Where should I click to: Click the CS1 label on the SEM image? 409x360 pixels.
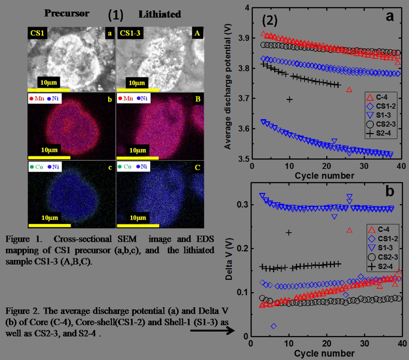(37, 33)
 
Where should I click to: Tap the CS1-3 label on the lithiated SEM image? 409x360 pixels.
(130, 33)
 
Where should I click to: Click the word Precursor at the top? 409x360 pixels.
(66, 13)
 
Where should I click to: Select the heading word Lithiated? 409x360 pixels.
(159, 14)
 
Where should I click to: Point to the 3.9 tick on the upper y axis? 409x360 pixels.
(244, 38)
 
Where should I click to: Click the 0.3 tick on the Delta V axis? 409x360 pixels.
(243, 205)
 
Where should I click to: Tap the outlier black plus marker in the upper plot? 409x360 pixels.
(289, 99)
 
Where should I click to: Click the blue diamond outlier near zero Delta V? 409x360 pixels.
(274, 326)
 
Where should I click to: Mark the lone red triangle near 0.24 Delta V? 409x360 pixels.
(349, 230)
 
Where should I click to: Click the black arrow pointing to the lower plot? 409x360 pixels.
(212, 330)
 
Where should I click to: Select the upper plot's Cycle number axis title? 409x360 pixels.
(324, 176)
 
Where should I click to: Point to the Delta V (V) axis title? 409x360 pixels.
(229, 259)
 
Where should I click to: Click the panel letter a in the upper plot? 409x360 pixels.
(390, 16)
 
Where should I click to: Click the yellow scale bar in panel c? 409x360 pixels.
(49, 225)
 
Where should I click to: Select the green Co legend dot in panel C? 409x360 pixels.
(120, 167)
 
